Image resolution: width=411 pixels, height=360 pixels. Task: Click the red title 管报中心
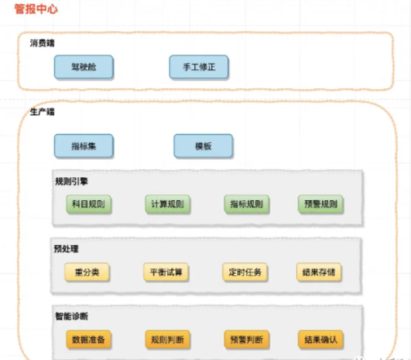click(36, 9)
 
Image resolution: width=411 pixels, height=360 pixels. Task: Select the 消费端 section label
click(42, 43)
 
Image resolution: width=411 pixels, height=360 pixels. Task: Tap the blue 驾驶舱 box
click(84, 67)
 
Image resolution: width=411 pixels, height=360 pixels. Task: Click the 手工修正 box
click(199, 67)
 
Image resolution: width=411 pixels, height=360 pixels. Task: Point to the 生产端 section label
click(42, 112)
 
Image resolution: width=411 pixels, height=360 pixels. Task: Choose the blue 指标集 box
click(84, 146)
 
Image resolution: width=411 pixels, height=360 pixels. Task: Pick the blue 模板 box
click(203, 146)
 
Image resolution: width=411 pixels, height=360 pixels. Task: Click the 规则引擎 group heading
click(72, 181)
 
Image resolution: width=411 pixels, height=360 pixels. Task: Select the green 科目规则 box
click(89, 204)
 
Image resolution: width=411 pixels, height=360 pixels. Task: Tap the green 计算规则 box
click(167, 204)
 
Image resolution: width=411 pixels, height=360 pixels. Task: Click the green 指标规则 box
click(246, 204)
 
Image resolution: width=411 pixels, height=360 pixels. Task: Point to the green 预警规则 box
click(320, 204)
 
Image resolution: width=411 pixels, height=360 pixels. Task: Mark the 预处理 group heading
click(66, 249)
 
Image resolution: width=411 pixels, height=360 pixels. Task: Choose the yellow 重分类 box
click(87, 272)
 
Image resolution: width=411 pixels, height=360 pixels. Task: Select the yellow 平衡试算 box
click(166, 272)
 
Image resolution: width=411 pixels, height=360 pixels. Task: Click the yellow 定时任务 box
click(245, 272)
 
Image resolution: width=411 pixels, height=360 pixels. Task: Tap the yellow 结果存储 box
click(319, 272)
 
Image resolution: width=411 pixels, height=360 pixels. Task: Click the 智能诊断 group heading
click(72, 316)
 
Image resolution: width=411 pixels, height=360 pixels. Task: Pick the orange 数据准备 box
click(89, 340)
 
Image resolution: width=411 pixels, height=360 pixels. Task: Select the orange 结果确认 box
click(320, 340)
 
